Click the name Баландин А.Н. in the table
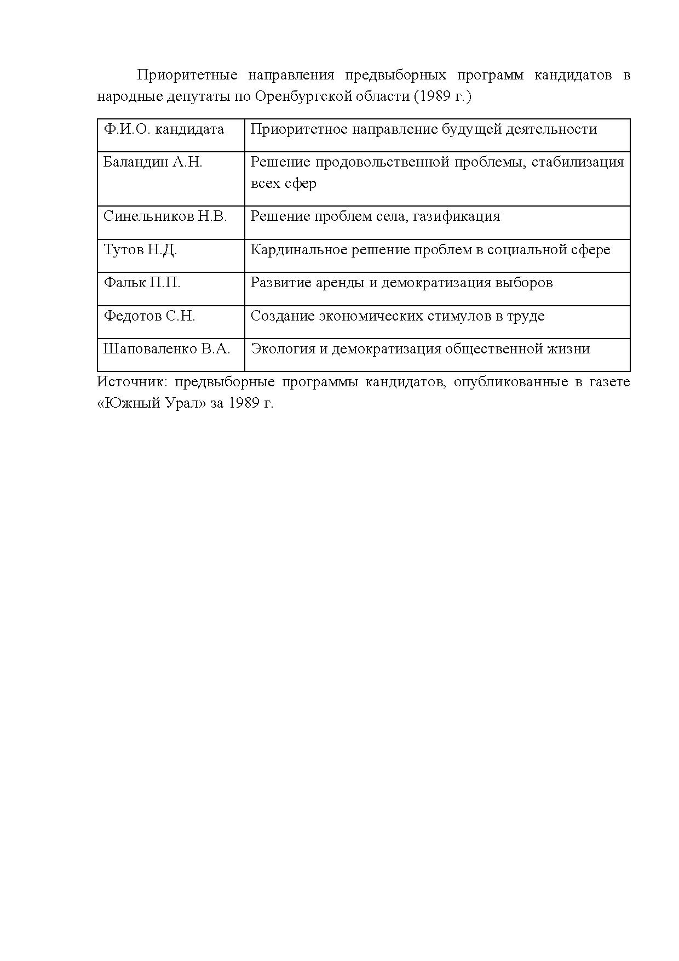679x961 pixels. coord(153,162)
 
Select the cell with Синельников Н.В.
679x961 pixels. coord(165,216)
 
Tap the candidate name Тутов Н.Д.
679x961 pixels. coord(140,250)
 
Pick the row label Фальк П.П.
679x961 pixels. coord(142,283)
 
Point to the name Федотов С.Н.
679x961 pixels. coord(149,316)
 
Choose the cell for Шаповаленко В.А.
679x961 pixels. coord(166,349)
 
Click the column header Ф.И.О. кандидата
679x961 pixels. coord(164,129)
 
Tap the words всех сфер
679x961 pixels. coord(283,184)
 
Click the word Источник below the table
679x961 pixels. coord(129,382)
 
